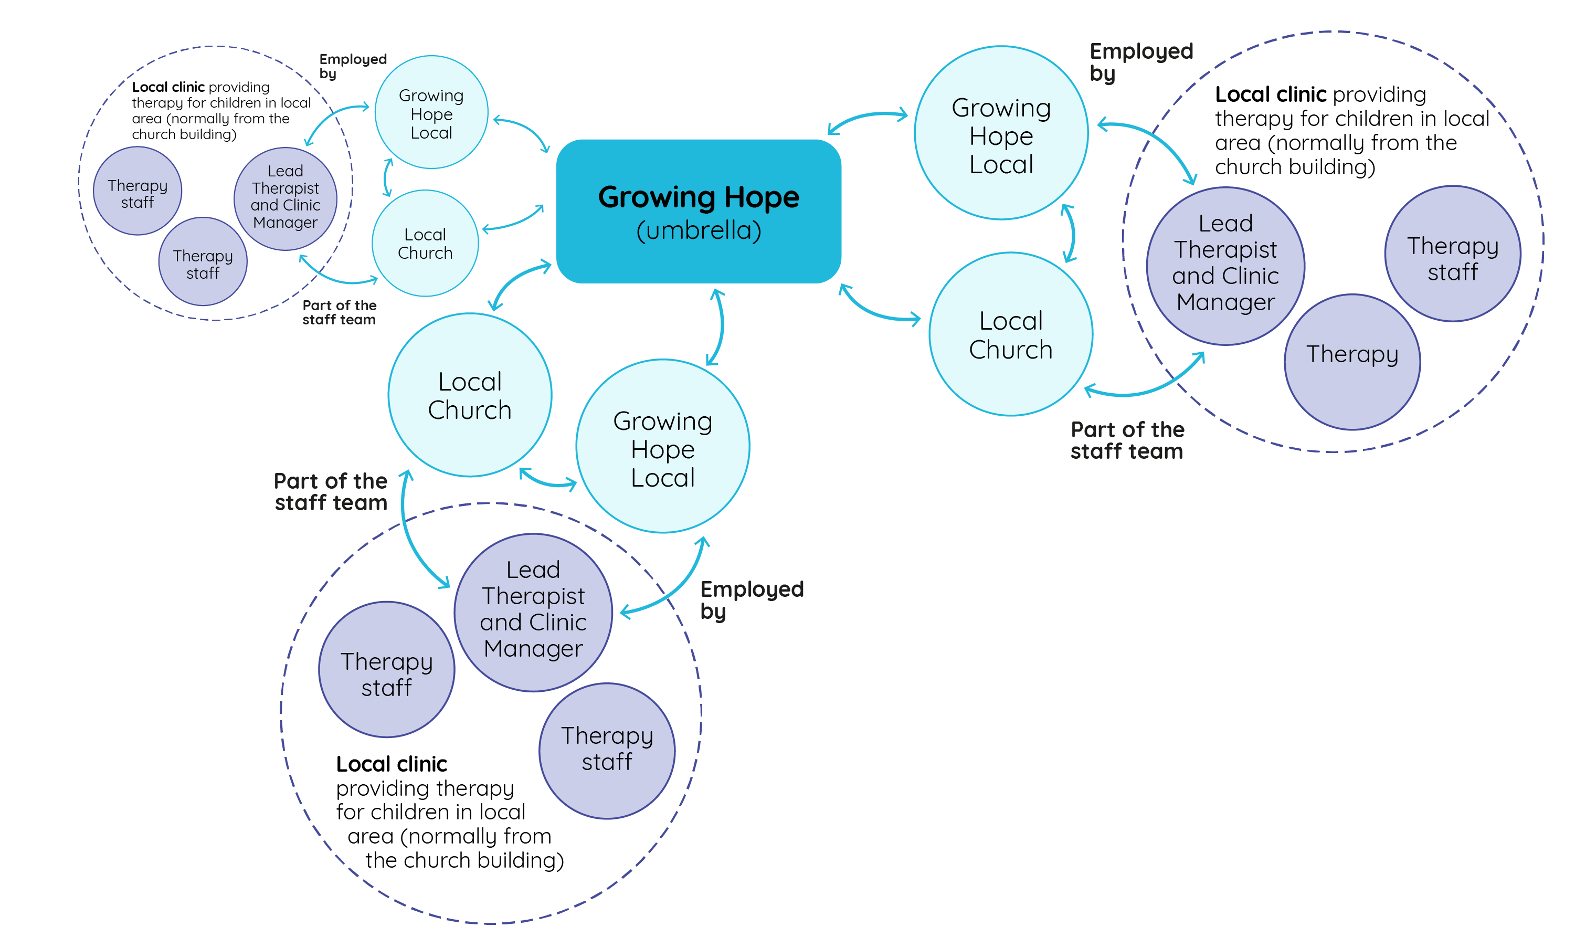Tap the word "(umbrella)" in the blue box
698,230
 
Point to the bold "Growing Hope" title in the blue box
698,197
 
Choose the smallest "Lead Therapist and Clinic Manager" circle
285,198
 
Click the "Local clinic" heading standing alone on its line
392,764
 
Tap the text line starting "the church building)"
464,860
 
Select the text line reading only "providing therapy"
425,788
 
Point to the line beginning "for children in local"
430,812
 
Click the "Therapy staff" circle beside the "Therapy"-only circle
1452,254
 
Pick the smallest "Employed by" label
353,66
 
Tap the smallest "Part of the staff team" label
339,312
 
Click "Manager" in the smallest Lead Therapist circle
285,223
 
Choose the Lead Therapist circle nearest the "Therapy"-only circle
1224,266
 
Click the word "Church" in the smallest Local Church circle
425,253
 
